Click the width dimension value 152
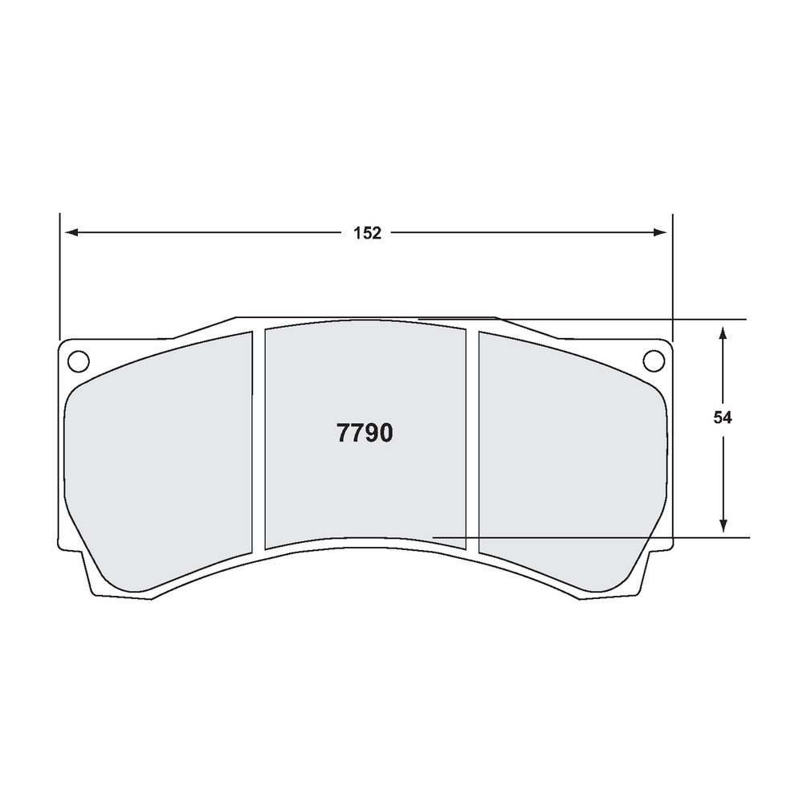click(366, 233)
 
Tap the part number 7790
click(365, 434)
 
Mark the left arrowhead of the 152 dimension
click(71, 233)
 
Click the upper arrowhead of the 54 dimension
click(724, 331)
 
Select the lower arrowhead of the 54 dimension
click(724, 525)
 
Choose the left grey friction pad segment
click(161, 466)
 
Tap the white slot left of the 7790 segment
click(259, 442)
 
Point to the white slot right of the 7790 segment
click(472, 442)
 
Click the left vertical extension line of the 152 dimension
click(59, 273)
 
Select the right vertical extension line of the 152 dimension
click(672, 273)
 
